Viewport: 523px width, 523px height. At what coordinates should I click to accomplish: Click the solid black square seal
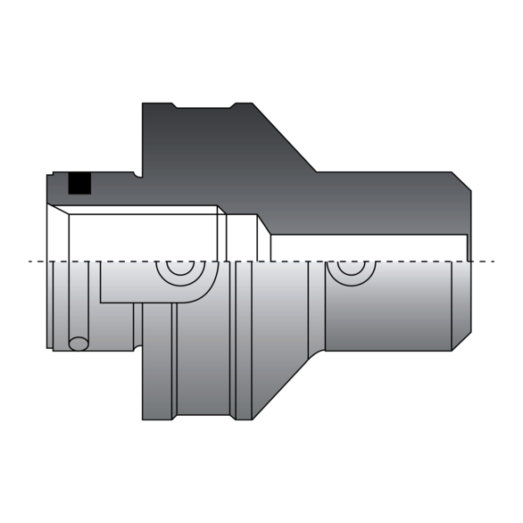(79, 182)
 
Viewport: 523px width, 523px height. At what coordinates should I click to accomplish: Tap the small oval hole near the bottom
(79, 344)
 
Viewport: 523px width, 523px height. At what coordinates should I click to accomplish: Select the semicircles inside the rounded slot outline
(176, 270)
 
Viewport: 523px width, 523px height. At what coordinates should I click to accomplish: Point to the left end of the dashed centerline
(31, 261)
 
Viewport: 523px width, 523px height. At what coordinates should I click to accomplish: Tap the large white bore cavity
(143, 237)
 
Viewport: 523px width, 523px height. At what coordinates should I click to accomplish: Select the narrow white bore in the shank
(366, 247)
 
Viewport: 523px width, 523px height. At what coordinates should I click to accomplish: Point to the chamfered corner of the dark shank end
(461, 181)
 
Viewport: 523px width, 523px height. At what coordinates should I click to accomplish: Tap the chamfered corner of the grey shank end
(461, 340)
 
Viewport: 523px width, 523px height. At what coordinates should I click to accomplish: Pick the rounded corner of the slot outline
(209, 293)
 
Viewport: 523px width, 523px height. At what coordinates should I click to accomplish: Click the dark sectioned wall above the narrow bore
(384, 201)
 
